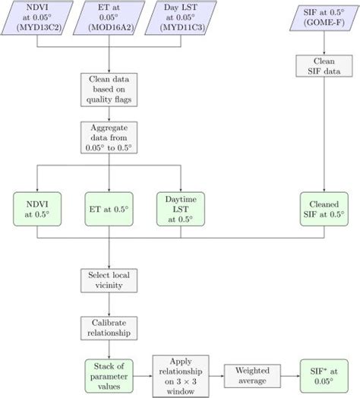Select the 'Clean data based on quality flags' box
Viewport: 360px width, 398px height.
pos(108,90)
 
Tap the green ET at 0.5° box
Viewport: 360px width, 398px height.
pos(108,208)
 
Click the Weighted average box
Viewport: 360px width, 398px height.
pos(251,372)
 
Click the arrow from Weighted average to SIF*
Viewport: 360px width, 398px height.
pos(288,372)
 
